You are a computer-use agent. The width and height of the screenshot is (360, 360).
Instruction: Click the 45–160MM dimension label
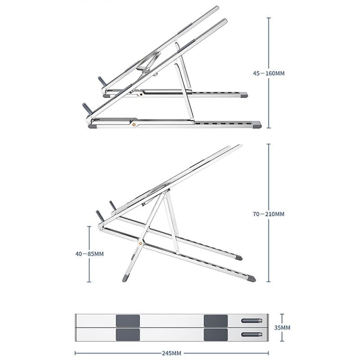(x=269, y=73)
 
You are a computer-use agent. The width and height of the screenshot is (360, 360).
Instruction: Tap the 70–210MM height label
(x=269, y=214)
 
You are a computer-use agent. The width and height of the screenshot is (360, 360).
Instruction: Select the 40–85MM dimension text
(x=89, y=254)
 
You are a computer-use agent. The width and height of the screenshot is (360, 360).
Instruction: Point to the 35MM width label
(x=282, y=328)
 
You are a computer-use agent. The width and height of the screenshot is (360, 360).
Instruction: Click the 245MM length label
(x=171, y=353)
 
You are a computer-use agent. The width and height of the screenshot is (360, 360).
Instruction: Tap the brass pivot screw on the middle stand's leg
(x=141, y=244)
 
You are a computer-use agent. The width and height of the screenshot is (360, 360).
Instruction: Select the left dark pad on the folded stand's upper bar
(x=128, y=321)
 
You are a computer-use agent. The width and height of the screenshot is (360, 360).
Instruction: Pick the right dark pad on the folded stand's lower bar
(x=216, y=334)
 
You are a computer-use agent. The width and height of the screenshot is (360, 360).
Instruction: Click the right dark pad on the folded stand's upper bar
(x=216, y=321)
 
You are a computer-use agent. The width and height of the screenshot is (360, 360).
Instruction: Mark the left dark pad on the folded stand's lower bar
(x=128, y=334)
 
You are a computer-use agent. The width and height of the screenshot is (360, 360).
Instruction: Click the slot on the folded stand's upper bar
(x=252, y=321)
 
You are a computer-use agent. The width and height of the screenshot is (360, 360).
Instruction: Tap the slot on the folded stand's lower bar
(x=252, y=334)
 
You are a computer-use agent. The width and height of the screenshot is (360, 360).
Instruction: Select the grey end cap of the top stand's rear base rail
(x=243, y=95)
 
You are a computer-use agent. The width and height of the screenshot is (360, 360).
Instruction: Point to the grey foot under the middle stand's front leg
(x=126, y=278)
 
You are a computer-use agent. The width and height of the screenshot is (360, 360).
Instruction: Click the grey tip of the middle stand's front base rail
(x=252, y=279)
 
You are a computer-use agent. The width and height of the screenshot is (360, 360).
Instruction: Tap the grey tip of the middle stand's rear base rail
(x=238, y=258)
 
